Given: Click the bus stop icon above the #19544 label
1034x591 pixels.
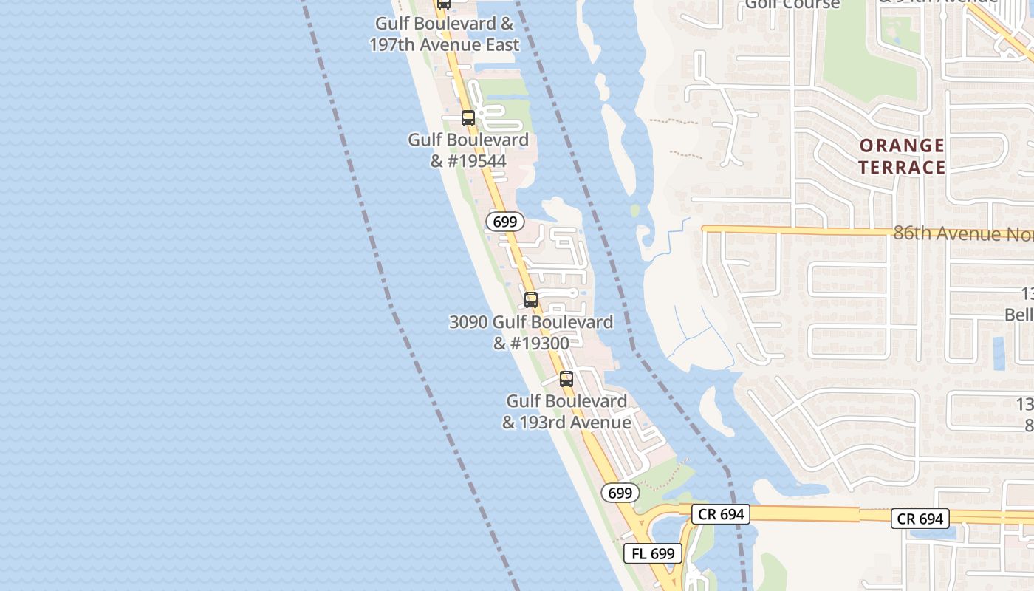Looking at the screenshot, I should [468, 117].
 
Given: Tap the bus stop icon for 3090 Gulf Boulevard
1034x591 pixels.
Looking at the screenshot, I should [530, 299].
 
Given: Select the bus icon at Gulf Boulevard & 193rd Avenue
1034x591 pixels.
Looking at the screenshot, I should [566, 379].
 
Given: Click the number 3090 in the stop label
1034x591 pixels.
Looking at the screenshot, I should [468, 322].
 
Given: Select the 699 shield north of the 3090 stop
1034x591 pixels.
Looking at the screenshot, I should [505, 222].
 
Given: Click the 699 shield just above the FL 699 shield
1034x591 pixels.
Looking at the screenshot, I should [620, 493].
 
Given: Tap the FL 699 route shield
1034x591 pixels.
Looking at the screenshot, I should [653, 553].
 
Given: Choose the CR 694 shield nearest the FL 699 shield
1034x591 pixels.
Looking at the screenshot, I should [721, 514].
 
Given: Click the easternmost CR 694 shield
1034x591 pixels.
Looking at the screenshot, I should [920, 519].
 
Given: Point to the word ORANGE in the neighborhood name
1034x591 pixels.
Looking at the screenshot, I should [902, 146].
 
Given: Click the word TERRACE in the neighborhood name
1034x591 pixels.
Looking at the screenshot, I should [902, 168].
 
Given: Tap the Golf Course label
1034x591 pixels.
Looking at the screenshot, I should [792, 4].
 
